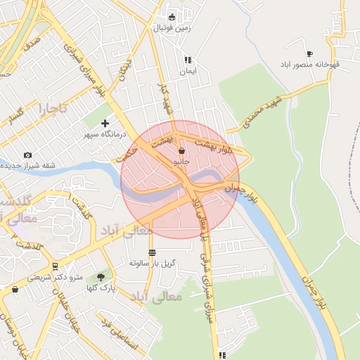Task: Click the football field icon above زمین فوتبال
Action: coord(172,17)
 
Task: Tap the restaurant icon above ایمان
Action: coord(187,60)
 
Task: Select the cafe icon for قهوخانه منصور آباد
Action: coord(309,54)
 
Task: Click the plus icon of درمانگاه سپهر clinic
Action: coord(105,124)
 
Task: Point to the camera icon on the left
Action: coord(27,155)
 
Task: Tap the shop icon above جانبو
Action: coord(182,151)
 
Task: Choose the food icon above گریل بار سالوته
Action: coord(152,252)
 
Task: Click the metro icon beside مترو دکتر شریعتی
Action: coord(55,266)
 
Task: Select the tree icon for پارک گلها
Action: coord(101,277)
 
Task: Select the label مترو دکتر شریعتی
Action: coord(55,277)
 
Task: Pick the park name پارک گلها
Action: coord(101,288)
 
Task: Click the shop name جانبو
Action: coord(182,161)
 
